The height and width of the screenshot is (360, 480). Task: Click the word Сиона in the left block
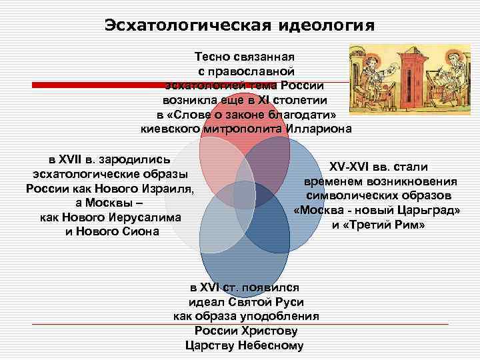click(x=143, y=231)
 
